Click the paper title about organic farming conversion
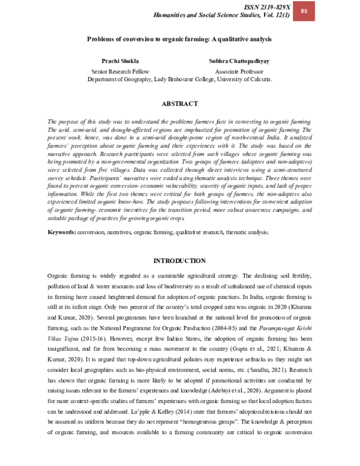pyautogui.click(x=179, y=38)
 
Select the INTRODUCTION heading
pyautogui.click(x=179, y=261)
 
